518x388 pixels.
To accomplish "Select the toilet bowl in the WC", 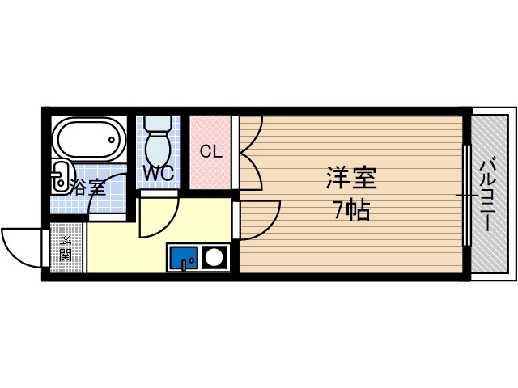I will (x=157, y=149).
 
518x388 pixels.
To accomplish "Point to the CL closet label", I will (x=210, y=151).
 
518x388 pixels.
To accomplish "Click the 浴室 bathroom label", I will (x=88, y=188).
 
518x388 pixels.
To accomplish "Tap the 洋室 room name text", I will (x=352, y=176).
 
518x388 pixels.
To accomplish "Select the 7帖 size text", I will (x=352, y=210).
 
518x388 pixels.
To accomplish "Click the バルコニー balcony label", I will (x=487, y=194).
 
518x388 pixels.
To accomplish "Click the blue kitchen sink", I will (x=184, y=257).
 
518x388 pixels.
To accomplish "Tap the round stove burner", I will (x=215, y=258).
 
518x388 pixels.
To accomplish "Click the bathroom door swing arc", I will (x=109, y=194).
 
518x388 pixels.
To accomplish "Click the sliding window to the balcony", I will (x=466, y=195).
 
